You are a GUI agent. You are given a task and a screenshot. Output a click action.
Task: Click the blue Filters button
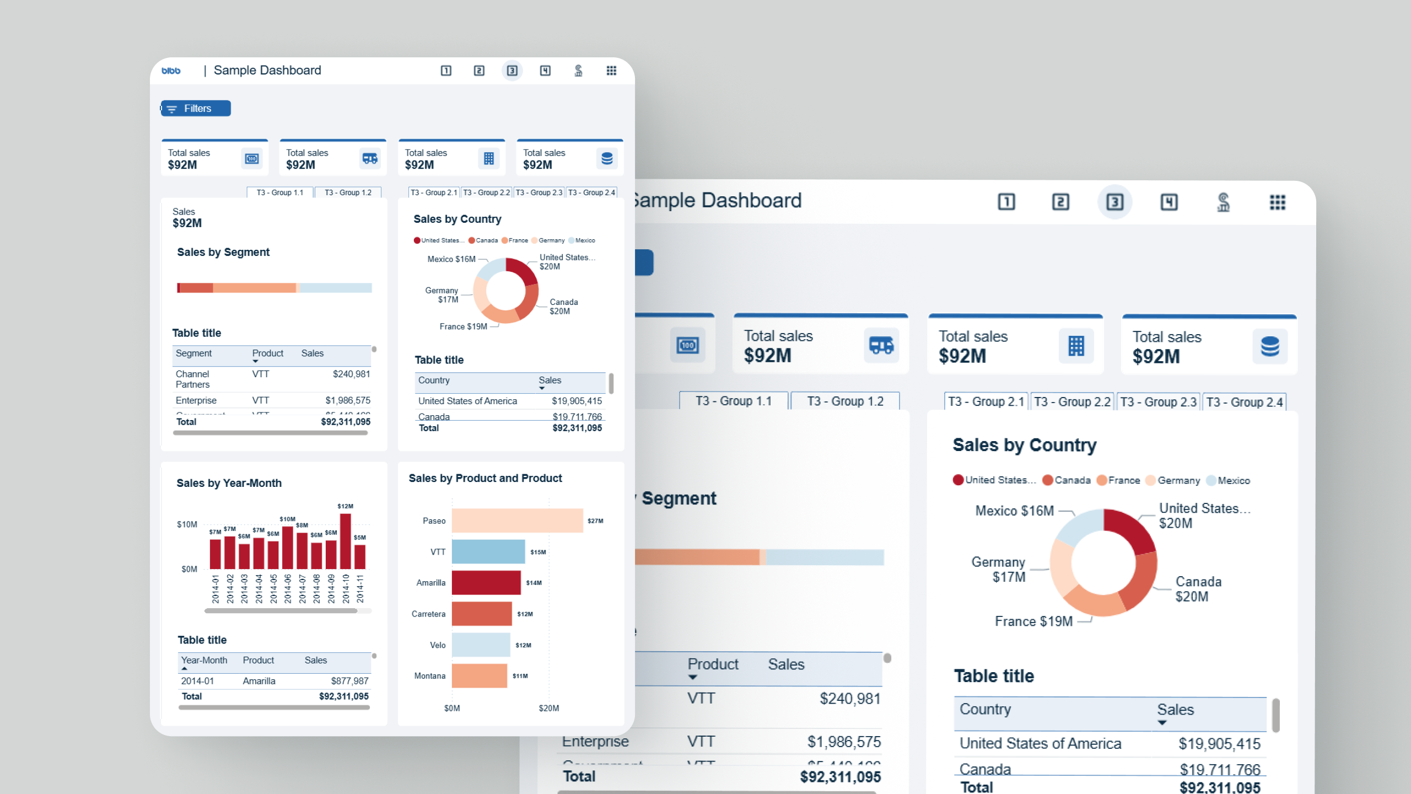pos(196,109)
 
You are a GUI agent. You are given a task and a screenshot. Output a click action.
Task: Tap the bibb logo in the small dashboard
pos(171,71)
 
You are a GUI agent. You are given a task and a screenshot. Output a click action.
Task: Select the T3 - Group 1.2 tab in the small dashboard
pos(348,192)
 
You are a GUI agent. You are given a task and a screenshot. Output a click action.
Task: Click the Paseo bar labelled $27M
pos(516,521)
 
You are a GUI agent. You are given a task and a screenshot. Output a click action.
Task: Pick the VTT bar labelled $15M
pos(488,552)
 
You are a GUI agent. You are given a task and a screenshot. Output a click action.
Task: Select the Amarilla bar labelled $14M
pos(486,583)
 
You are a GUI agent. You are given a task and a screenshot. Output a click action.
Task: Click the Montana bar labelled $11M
pos(479,676)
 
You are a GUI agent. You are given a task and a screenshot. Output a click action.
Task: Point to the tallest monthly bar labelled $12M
pos(346,541)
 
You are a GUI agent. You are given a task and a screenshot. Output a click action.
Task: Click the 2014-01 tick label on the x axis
pos(216,588)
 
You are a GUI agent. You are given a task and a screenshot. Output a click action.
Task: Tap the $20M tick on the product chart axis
pos(548,708)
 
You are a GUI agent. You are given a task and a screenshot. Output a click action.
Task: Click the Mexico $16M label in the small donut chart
pos(451,259)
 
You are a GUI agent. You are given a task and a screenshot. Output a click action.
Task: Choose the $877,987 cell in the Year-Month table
pos(349,681)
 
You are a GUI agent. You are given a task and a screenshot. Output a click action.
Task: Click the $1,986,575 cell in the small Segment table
pos(347,400)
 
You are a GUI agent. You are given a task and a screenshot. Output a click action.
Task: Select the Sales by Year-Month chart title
pos(229,483)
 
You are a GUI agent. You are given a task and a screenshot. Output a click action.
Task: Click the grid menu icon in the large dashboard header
pos(1277,202)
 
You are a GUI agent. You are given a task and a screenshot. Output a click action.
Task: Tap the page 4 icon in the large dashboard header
pos(1168,202)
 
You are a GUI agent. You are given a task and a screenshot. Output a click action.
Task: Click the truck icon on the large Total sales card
pos(881,346)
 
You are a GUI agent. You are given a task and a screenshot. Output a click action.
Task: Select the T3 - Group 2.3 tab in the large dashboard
pos(1158,402)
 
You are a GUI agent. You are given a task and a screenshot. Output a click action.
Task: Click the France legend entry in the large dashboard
pos(1118,480)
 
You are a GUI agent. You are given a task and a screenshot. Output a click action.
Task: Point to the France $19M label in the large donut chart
pos(1033,621)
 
